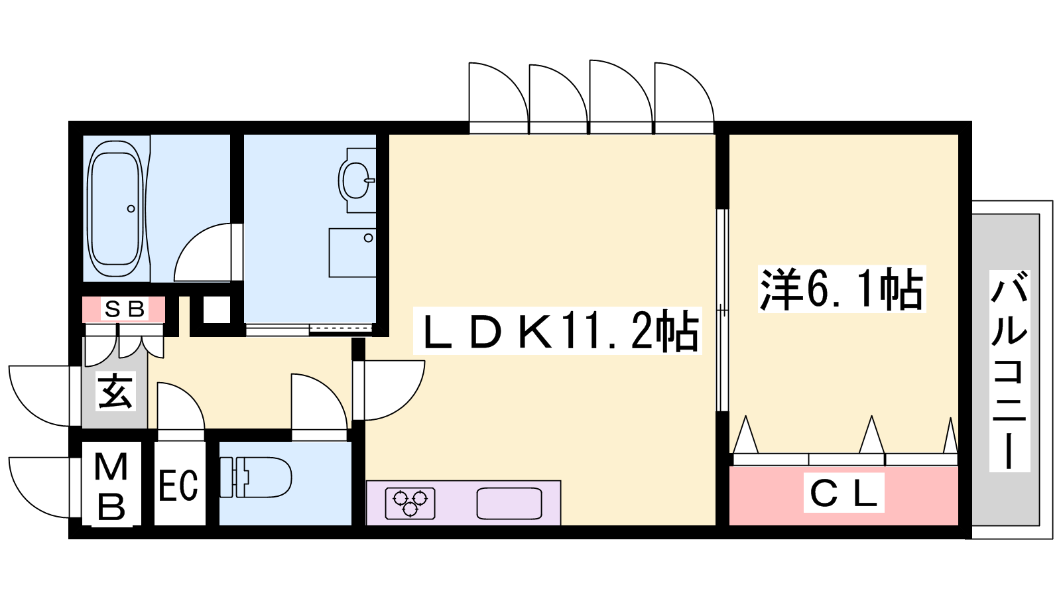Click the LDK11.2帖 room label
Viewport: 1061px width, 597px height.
[x=558, y=331]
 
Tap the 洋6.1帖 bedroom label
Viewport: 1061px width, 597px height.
[x=842, y=289]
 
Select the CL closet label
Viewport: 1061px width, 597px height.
[x=843, y=492]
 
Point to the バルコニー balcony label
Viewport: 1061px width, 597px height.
[x=1009, y=371]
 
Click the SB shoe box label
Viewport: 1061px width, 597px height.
[x=124, y=309]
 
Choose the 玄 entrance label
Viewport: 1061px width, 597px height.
[x=115, y=391]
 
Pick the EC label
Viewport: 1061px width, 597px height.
[x=178, y=486]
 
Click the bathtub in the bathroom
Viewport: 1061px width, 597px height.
[x=117, y=208]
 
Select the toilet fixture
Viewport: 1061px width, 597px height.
[x=256, y=477]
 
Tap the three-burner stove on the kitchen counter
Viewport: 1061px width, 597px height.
[x=410, y=503]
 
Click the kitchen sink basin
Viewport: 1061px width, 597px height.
[x=509, y=503]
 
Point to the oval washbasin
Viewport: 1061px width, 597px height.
[x=355, y=180]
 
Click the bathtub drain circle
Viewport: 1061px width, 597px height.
[x=131, y=208]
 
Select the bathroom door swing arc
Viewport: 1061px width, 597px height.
[x=203, y=252]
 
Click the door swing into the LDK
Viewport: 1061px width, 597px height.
[x=389, y=390]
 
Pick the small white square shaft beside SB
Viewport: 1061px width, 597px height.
[x=217, y=310]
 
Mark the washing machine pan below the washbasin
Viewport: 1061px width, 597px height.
[x=353, y=253]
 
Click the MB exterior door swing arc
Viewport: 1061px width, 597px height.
[x=40, y=488]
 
